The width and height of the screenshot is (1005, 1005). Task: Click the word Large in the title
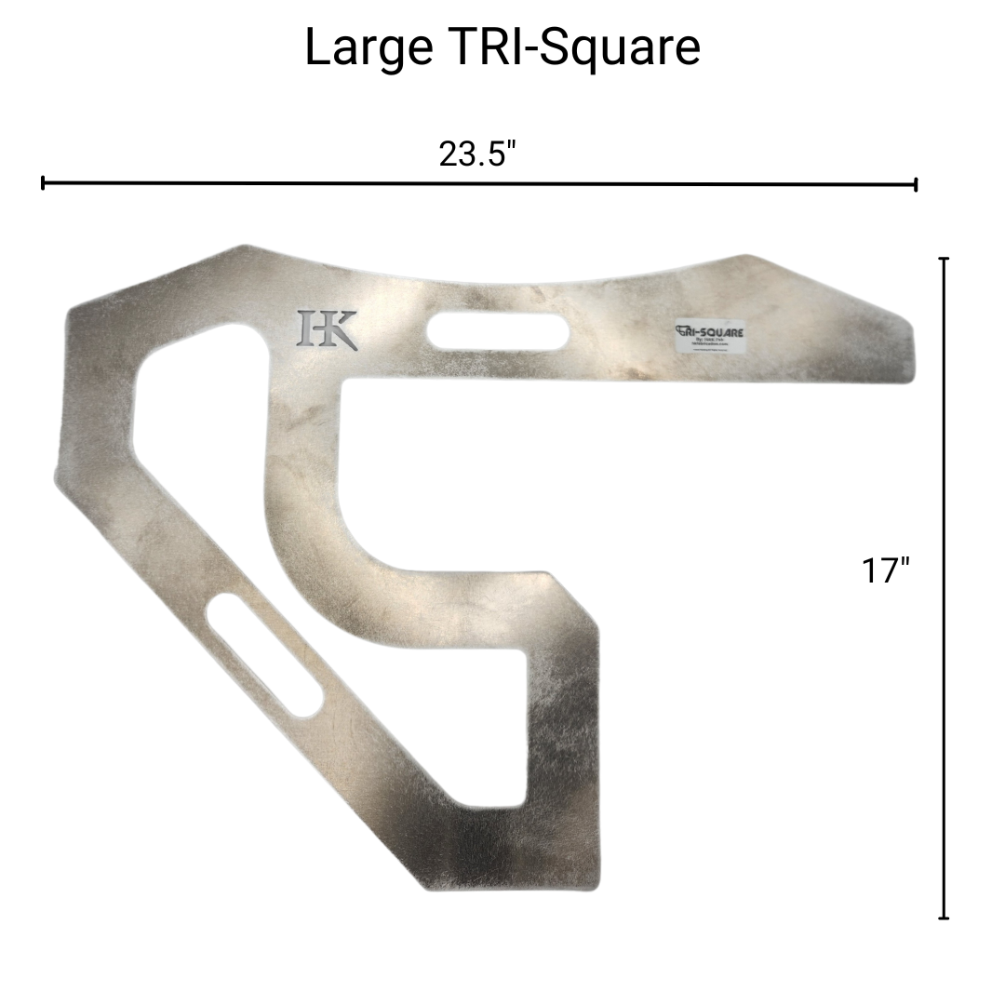click(x=367, y=48)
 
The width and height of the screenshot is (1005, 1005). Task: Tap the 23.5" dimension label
click(x=477, y=154)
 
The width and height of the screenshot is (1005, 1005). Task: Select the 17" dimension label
click(x=884, y=570)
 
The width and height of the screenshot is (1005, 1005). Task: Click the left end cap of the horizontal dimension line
click(x=43, y=183)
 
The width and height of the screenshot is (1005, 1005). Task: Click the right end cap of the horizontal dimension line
click(x=917, y=184)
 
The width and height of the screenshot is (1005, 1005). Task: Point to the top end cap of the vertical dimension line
click(x=945, y=259)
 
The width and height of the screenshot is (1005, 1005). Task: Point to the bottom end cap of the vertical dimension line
click(x=945, y=918)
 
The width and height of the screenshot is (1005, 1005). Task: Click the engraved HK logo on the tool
click(x=327, y=328)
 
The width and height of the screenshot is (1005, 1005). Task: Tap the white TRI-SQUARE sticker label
click(x=711, y=336)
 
